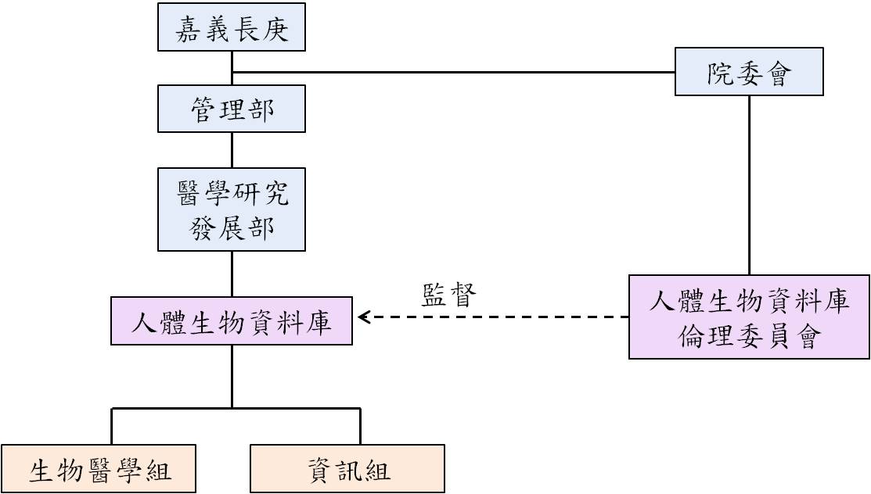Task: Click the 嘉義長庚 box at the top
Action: coord(232,27)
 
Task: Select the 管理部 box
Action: coord(232,109)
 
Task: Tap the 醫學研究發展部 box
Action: coord(232,209)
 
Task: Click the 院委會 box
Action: coord(749,72)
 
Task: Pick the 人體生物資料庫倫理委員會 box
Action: coord(750,317)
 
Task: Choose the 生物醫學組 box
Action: coord(99,468)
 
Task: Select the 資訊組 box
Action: coord(347,468)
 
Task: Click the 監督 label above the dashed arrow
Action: coord(449,295)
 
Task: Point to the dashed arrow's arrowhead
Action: coord(364,317)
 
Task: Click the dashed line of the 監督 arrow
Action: coord(493,317)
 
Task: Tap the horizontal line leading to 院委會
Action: coord(453,72)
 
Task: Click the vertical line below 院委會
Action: coord(750,184)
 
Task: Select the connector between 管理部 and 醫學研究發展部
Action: coord(232,150)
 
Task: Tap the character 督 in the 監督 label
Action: coord(463,295)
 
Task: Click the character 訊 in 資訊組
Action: coord(349,470)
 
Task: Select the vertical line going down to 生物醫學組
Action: coord(112,426)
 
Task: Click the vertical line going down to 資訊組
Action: coord(361,426)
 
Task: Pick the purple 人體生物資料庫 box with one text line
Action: coord(232,320)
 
